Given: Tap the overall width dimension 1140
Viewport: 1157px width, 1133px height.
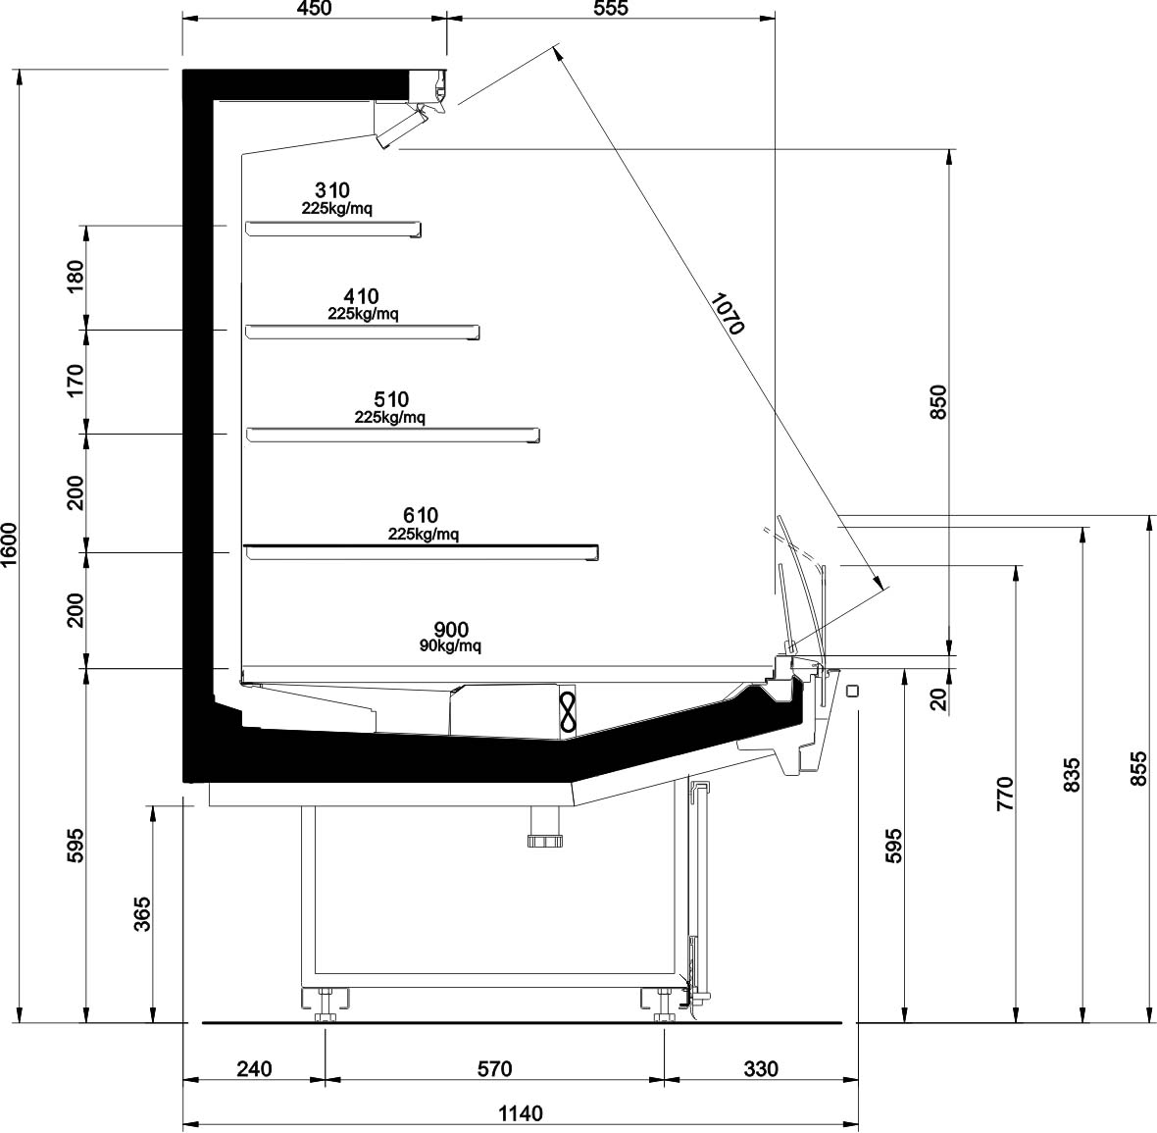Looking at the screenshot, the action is [x=521, y=1113].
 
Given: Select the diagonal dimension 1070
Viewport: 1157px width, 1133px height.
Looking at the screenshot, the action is [x=728, y=313].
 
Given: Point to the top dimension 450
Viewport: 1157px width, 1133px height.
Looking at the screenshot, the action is [x=315, y=8].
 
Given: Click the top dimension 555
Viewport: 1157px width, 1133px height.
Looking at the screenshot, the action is [x=610, y=8].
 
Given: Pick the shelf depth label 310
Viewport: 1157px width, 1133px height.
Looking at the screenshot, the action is [x=332, y=190].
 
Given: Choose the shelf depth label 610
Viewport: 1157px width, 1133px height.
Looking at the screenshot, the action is [x=421, y=515].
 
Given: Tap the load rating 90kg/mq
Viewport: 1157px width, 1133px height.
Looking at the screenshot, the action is [x=450, y=646].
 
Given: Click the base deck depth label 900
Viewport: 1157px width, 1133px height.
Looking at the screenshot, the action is [x=451, y=630].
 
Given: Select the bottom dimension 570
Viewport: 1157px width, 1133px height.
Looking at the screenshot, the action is [x=494, y=1069].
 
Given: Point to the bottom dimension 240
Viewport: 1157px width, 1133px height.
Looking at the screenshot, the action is [x=255, y=1069].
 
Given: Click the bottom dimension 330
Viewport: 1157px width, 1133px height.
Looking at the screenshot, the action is [x=761, y=1069].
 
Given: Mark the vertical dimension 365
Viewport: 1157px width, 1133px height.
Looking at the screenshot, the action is [x=141, y=914].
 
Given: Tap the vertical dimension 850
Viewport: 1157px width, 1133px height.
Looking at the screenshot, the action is [x=937, y=402].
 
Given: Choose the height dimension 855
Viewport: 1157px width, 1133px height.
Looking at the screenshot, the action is [x=1138, y=768].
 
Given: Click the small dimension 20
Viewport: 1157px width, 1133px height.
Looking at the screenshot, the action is [x=937, y=699].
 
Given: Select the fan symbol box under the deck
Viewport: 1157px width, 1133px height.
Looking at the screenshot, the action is [x=568, y=710].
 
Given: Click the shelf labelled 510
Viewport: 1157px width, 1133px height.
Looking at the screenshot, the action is [x=392, y=435].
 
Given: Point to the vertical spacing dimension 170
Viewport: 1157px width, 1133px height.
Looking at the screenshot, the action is [x=76, y=381].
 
